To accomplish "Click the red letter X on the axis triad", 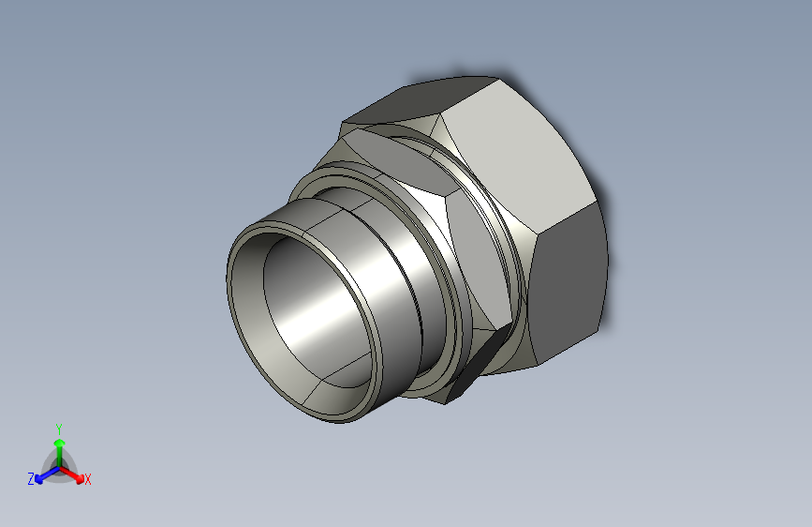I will pos(88,479).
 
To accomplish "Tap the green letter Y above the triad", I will pos(58,428).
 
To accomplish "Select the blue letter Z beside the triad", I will pos(31,478).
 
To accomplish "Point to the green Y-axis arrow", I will pos(58,445).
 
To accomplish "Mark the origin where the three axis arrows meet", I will pos(58,466).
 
